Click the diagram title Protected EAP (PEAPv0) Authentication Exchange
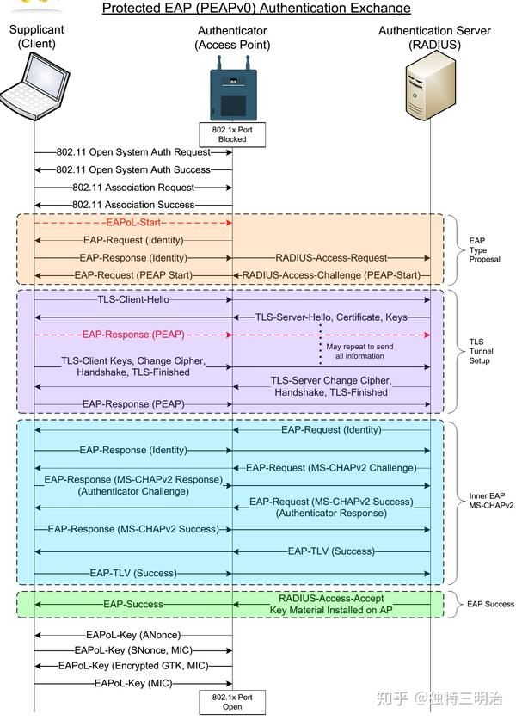point(256,9)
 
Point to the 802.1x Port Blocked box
point(232,134)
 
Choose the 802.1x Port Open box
point(232,701)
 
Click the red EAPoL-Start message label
point(133,222)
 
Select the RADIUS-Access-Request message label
point(331,257)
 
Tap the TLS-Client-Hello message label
point(133,300)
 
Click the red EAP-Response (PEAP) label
point(133,334)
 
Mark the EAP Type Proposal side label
point(484,250)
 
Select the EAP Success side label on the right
point(490,604)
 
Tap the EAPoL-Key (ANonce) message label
point(133,634)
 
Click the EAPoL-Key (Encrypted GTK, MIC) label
point(133,666)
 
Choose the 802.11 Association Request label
point(133,187)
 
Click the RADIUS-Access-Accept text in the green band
point(331,598)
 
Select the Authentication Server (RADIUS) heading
point(434,38)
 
